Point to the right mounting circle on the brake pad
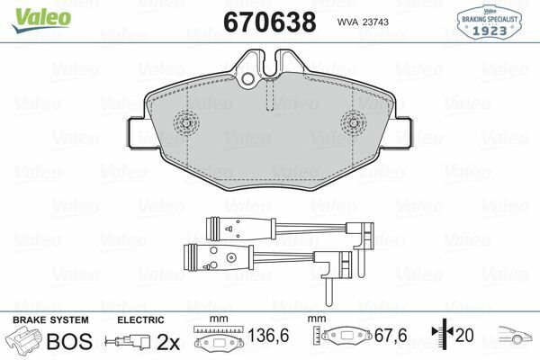click(355, 121)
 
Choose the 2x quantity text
click(168, 341)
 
